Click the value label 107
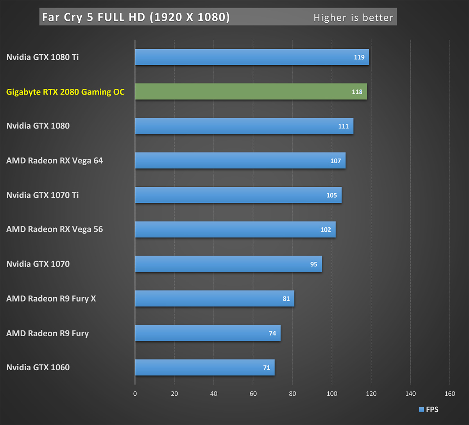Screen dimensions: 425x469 [335, 161]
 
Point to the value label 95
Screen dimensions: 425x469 [314, 264]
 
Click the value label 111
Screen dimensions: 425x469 [343, 126]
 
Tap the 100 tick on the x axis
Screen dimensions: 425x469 [332, 394]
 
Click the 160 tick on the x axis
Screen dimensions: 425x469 [450, 394]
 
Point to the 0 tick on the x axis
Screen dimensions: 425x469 [135, 394]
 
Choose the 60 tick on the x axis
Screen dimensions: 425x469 [253, 394]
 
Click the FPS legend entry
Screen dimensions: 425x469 [429, 410]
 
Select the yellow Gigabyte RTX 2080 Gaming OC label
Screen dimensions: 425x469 [65, 92]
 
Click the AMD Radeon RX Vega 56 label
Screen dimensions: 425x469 [54, 229]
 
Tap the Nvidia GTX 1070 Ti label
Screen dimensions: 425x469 [42, 195]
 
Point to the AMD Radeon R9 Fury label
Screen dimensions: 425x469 [47, 334]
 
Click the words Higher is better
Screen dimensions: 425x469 [353, 18]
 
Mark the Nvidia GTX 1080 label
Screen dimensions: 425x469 [38, 126]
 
